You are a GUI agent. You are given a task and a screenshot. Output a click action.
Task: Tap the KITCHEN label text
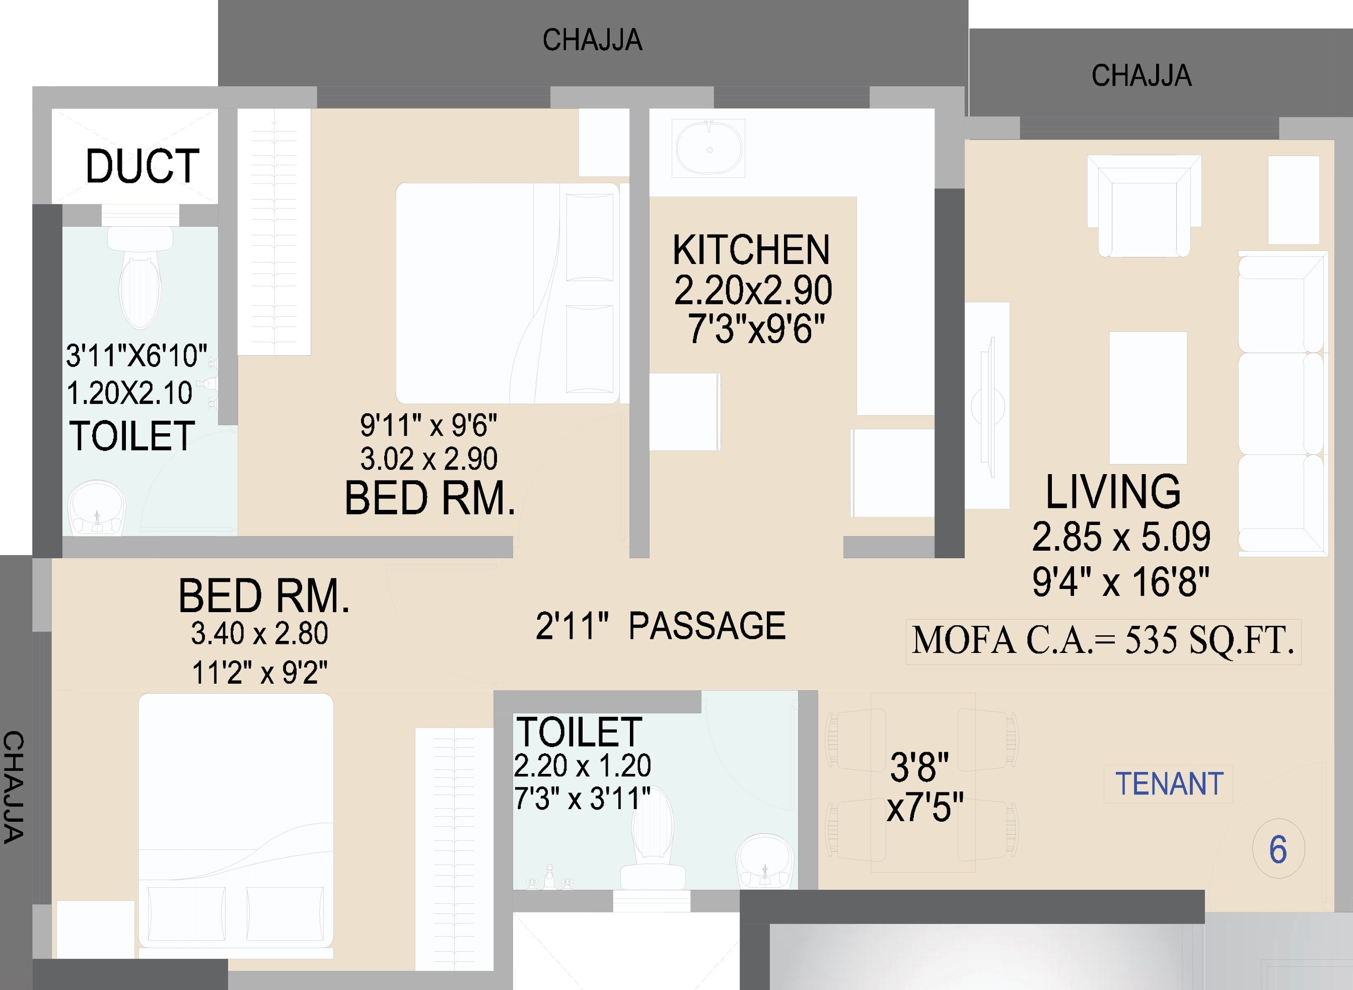tap(751, 250)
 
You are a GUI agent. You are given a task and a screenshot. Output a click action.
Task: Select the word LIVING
tap(1113, 492)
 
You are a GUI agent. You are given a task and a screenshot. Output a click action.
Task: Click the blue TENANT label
tap(1169, 784)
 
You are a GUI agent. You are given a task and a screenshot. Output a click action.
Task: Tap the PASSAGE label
tap(707, 626)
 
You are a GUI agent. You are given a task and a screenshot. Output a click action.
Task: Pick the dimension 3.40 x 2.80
tap(259, 634)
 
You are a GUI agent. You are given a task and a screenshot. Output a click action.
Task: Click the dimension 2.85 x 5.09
tap(1120, 537)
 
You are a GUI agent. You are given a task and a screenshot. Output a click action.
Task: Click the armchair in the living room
tap(1144, 207)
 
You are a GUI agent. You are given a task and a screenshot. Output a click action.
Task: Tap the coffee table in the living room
tap(1148, 398)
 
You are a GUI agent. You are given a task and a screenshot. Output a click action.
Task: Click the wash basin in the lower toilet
tap(766, 861)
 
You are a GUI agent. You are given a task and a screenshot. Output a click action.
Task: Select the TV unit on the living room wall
tap(987, 406)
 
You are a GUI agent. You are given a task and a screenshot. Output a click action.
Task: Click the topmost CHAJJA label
tap(592, 41)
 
